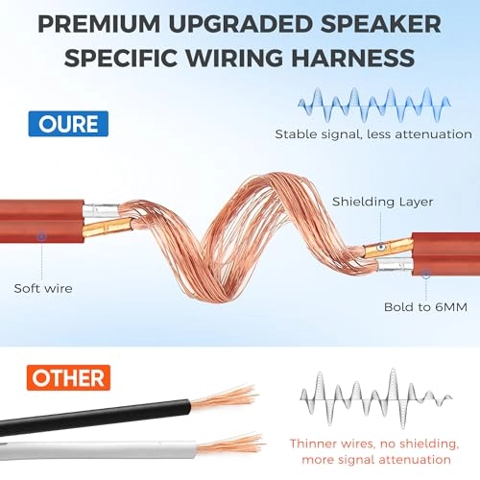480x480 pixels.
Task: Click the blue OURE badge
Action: click(x=68, y=124)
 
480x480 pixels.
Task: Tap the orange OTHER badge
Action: click(x=68, y=378)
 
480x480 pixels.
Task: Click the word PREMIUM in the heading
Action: click(x=99, y=24)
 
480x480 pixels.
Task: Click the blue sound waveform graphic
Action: click(x=374, y=105)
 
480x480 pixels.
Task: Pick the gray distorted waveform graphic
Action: click(x=376, y=398)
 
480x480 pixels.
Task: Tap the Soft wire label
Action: click(x=43, y=289)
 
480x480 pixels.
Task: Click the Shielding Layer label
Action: click(x=383, y=202)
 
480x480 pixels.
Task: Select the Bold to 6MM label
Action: click(x=425, y=307)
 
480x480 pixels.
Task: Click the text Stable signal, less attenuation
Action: click(x=373, y=134)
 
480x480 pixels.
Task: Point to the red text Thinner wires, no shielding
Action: click(x=374, y=444)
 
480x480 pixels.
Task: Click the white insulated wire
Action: click(x=98, y=450)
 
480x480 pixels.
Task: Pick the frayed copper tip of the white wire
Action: click(x=230, y=444)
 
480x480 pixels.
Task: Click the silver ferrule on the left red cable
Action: click(x=101, y=210)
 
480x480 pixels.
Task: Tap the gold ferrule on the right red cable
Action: click(x=388, y=248)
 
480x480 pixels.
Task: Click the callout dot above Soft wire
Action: click(x=41, y=236)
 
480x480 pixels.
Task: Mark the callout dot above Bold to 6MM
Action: click(x=426, y=274)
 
